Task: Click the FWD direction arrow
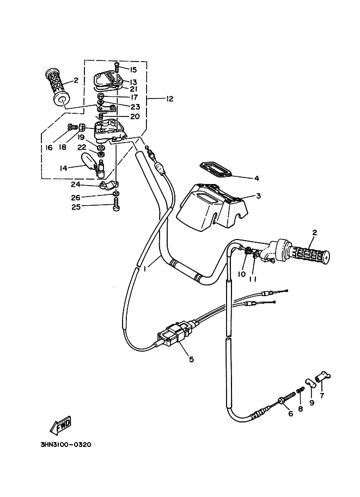pos(59,424)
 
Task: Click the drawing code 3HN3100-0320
pos(65,444)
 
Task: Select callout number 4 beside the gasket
pos(255,177)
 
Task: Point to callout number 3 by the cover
pos(259,196)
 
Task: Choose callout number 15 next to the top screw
pos(133,70)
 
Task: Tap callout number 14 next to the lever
pos(63,168)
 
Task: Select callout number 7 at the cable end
pos(321,396)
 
